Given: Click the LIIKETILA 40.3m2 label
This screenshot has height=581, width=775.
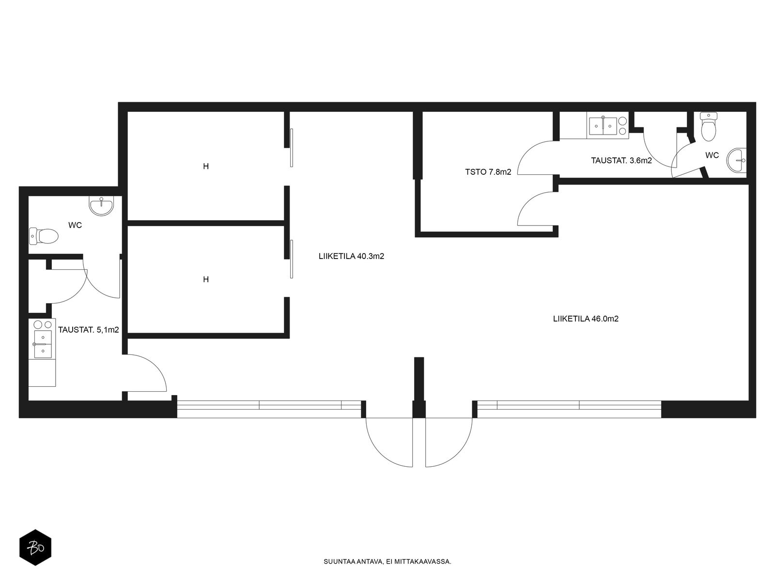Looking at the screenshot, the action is (351, 257).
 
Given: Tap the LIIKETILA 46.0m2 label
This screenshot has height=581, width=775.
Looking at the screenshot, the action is (586, 319).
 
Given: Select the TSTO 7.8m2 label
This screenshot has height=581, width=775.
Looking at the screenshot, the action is (488, 172).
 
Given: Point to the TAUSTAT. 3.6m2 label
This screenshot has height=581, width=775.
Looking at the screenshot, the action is (621, 161).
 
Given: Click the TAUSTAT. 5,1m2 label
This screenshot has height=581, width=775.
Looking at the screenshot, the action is (89, 330).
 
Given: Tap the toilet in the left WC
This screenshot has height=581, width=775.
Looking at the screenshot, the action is (44, 236).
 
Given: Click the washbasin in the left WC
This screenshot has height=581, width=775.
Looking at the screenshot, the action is (101, 206).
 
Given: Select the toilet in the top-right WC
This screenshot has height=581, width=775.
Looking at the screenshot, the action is (708, 127).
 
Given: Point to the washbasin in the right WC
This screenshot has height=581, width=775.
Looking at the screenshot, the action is (736, 161).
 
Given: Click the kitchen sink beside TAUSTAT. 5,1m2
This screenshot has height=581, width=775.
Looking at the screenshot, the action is (43, 344).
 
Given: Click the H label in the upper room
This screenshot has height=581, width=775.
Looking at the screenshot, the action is (206, 166).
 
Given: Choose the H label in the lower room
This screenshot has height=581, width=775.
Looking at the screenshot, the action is (206, 280).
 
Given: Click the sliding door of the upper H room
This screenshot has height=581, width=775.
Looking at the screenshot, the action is (292, 148).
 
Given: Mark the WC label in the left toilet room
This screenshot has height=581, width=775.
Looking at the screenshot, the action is (75, 225).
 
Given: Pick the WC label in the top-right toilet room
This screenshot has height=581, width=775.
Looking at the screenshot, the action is (712, 155).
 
